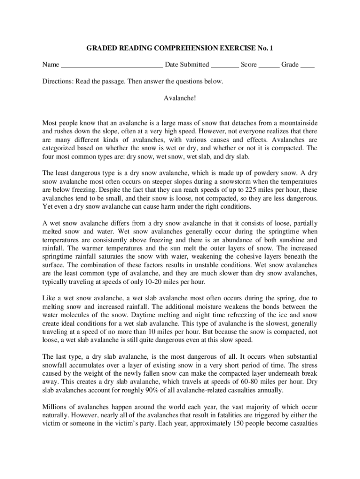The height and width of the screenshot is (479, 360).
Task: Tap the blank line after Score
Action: click(x=269, y=65)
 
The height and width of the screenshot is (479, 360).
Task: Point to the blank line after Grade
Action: click(x=307, y=65)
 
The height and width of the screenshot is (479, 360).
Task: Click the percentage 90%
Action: click(x=152, y=390)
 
